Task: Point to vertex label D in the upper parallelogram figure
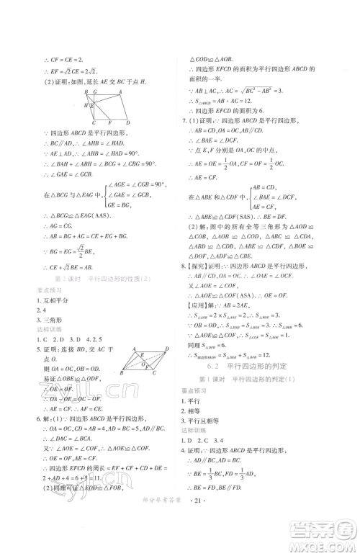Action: coord(127,122)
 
